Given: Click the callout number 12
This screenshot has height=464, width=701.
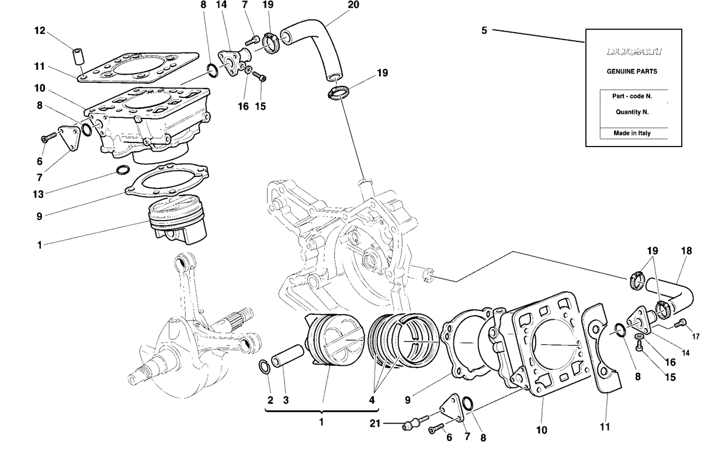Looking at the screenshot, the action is pyautogui.click(x=40, y=30).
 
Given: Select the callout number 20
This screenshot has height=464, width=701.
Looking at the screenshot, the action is pyautogui.click(x=353, y=5).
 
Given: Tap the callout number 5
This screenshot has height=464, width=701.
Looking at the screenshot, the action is pyautogui.click(x=484, y=30).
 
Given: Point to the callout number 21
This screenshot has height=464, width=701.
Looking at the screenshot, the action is pyautogui.click(x=375, y=423).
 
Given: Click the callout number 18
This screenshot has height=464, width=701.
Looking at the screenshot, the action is pyautogui.click(x=686, y=251).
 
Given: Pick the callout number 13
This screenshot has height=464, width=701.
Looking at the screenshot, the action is pyautogui.click(x=38, y=194).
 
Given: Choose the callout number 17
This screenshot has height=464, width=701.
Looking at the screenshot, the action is pyautogui.click(x=696, y=336).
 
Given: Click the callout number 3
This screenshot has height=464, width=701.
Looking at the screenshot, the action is pyautogui.click(x=286, y=400).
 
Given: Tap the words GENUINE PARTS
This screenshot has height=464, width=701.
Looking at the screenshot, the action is pyautogui.click(x=632, y=71).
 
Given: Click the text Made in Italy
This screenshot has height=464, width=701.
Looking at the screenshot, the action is pyautogui.click(x=632, y=133).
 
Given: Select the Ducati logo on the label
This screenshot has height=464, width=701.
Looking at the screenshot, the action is pyautogui.click(x=634, y=51).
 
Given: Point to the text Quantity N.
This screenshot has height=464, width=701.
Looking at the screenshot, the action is pyautogui.click(x=632, y=112).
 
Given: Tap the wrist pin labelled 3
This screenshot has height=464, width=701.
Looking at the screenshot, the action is pyautogui.click(x=287, y=356).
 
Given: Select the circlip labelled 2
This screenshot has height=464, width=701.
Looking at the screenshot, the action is pyautogui.click(x=265, y=367).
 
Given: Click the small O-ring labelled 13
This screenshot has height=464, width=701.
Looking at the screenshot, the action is pyautogui.click(x=123, y=170).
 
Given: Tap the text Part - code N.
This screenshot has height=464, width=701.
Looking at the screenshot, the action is pyautogui.click(x=632, y=96).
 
